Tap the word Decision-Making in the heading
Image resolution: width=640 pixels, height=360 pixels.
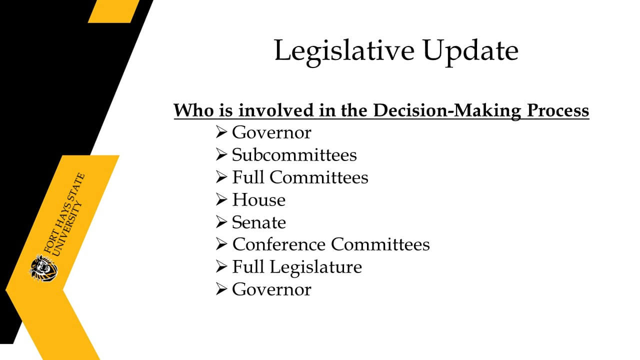coord(447,111)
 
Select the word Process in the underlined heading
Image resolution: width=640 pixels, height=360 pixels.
coord(558,110)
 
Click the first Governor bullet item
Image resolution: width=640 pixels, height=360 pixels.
coord(271,132)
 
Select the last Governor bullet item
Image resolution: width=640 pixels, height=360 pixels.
coord(271,289)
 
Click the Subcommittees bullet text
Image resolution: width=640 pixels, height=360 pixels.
coord(294,154)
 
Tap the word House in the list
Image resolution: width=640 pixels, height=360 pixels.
coord(258,199)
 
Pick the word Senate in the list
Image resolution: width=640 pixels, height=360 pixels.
coord(258,222)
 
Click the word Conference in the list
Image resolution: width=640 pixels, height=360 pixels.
coord(279,244)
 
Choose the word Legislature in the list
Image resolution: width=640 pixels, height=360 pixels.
coord(315,267)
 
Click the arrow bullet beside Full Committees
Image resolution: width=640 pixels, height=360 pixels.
coord(221,177)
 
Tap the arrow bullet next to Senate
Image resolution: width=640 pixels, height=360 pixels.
coord(221,221)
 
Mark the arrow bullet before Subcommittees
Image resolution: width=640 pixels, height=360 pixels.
coord(221,154)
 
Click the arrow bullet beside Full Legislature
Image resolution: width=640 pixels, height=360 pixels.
coord(221,266)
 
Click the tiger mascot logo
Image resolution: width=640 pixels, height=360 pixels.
coord(43,268)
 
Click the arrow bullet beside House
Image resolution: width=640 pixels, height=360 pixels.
coord(221,199)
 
